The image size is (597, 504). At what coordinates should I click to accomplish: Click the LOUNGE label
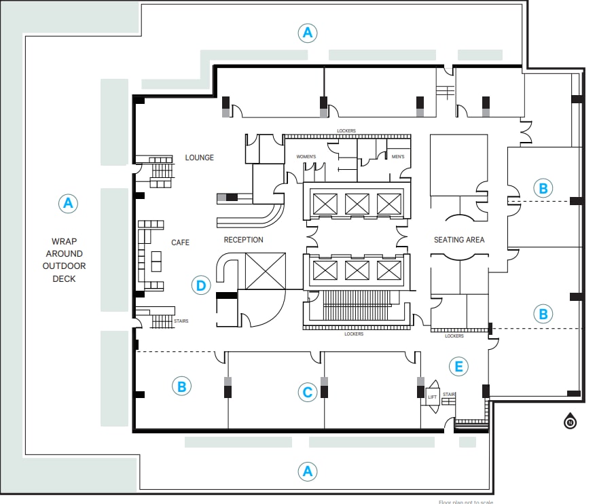[x=199, y=158]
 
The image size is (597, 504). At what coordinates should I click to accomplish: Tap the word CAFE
[x=180, y=242]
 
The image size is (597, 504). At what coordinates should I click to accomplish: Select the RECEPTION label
[x=243, y=240]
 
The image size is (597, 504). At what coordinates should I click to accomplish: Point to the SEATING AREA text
[x=458, y=240]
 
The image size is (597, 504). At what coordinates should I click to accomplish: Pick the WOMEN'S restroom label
[x=306, y=157]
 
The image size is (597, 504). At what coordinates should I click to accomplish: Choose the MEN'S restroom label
[x=398, y=157]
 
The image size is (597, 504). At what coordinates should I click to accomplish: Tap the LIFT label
[x=432, y=397]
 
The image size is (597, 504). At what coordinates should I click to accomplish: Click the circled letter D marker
[x=200, y=285]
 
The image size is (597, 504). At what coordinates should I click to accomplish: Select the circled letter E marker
[x=459, y=367]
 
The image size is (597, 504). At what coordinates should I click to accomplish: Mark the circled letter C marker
[x=307, y=392]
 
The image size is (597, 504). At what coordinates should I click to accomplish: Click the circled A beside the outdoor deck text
[x=67, y=202]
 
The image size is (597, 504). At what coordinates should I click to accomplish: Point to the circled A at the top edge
[x=308, y=32]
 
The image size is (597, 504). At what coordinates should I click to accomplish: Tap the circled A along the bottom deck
[x=308, y=471]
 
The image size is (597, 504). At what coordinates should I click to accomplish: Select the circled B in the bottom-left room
[x=181, y=386]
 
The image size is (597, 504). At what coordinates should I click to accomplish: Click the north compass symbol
[x=570, y=422]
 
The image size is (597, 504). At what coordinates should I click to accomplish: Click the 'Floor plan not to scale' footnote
[x=465, y=502]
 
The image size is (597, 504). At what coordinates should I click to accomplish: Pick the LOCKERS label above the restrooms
[x=346, y=130]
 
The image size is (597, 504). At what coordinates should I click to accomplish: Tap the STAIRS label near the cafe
[x=181, y=320]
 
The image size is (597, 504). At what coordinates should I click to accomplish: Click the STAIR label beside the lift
[x=449, y=393]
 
